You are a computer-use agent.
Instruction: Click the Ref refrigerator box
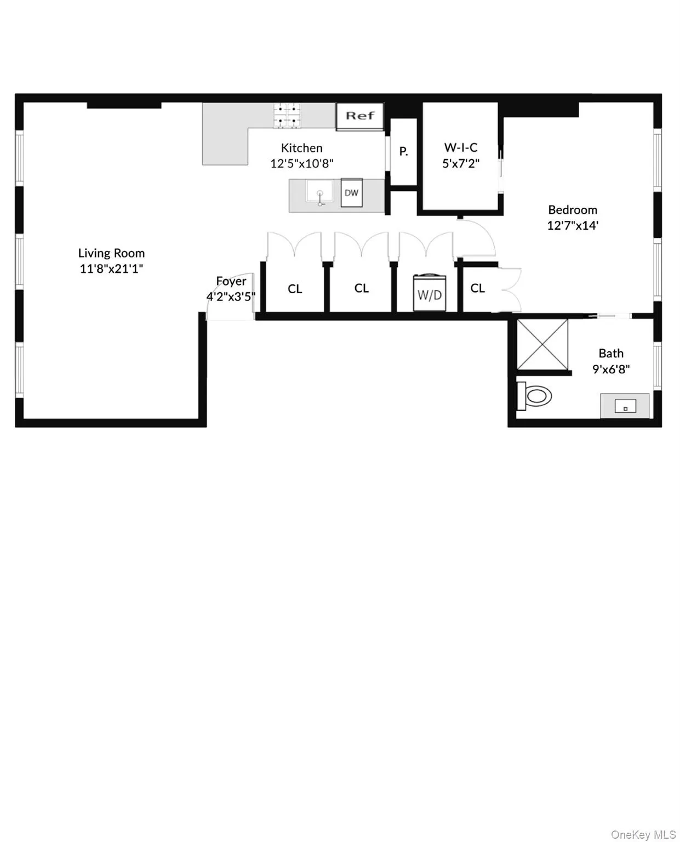point(359,116)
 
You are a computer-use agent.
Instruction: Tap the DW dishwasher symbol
point(351,192)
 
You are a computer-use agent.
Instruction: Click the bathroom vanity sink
point(625,406)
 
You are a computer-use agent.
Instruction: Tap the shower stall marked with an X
point(542,344)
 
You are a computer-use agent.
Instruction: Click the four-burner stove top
point(288,116)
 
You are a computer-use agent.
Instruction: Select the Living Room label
point(111,253)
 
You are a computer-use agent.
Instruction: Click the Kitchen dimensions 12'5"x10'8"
point(301,163)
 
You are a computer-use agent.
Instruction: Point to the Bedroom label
point(573,210)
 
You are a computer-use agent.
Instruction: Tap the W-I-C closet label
point(461,147)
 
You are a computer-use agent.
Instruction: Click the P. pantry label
point(403,151)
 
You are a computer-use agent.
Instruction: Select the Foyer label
point(231,281)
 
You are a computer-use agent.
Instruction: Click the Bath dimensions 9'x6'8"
point(611,369)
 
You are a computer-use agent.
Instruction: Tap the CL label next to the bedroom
point(477,288)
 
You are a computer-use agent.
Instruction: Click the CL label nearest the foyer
point(295,289)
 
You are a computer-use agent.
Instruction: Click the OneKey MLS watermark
point(643,834)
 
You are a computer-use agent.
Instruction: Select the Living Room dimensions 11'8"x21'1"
point(111,269)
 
